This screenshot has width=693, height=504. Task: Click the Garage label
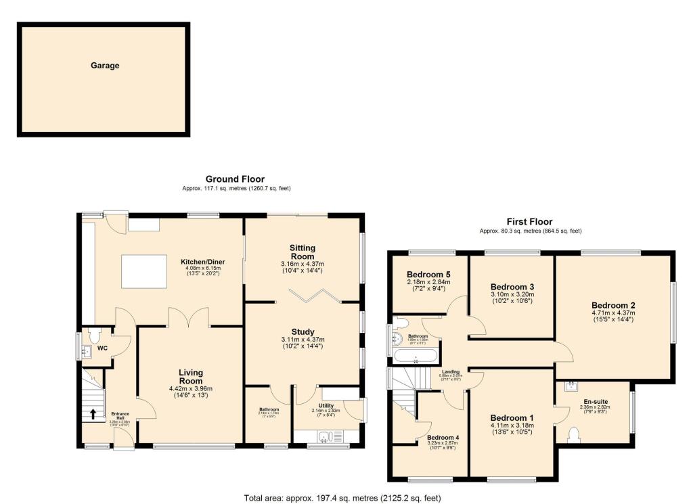click(x=105, y=66)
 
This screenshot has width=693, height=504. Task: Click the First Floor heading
click(x=530, y=222)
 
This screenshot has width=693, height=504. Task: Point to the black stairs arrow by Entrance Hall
click(x=92, y=413)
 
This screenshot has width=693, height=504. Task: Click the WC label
click(x=102, y=349)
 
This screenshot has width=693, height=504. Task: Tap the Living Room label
click(x=191, y=377)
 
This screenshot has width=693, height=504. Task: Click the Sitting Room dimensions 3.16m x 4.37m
click(x=303, y=264)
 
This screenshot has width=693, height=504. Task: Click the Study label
click(x=303, y=331)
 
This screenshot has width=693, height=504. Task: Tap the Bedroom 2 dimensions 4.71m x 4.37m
click(x=612, y=313)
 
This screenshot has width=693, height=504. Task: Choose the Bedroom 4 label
click(x=443, y=438)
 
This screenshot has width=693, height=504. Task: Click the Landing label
click(x=451, y=371)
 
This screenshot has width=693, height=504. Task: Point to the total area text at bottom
click(x=342, y=498)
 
